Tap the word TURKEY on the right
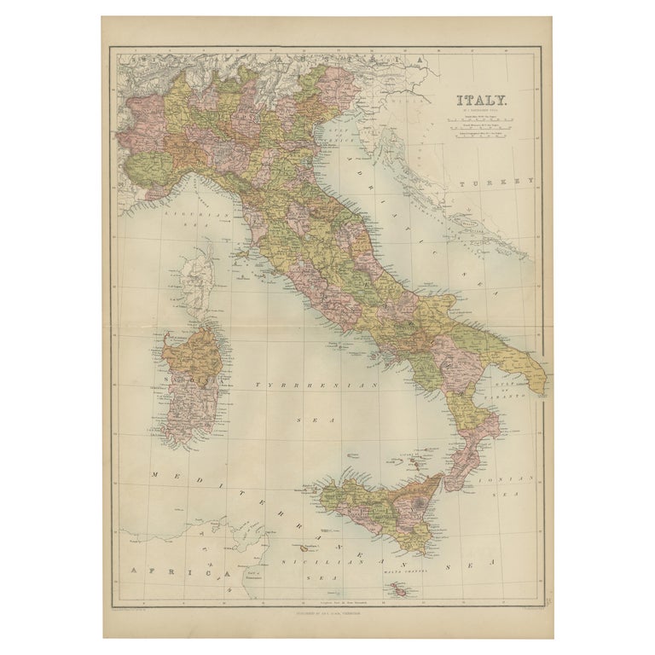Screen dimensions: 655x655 (x=495, y=182)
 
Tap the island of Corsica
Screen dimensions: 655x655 (x=198, y=277)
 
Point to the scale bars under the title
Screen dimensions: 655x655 (x=483, y=132)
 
